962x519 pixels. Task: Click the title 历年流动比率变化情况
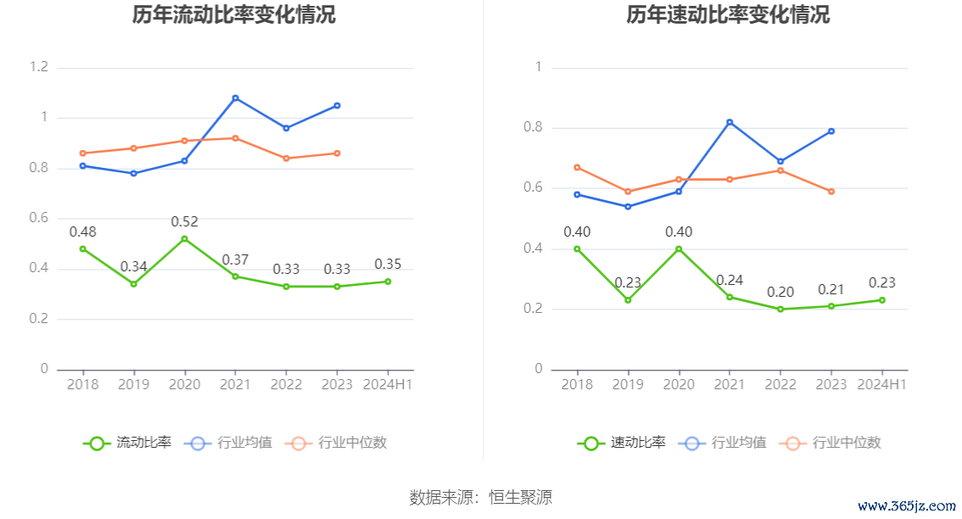click(x=234, y=15)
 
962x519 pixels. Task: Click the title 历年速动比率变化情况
click(x=728, y=15)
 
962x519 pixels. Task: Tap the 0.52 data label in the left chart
click(x=184, y=222)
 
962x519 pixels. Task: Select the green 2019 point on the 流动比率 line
click(x=133, y=284)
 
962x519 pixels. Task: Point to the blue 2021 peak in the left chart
click(x=235, y=98)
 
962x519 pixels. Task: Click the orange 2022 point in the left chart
click(x=286, y=159)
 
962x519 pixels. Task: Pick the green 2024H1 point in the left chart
click(x=388, y=282)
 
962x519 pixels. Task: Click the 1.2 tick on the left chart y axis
click(x=38, y=67)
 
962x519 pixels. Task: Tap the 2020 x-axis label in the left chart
click(x=184, y=384)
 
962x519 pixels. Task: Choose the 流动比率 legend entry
click(x=127, y=443)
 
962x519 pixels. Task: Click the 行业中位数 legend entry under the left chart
click(x=336, y=443)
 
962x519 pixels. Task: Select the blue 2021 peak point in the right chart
click(x=730, y=122)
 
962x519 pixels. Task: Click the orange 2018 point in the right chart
click(x=577, y=167)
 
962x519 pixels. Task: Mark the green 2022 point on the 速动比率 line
click(x=780, y=310)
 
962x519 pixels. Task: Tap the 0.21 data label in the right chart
click(x=831, y=289)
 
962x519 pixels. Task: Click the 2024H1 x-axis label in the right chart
click(x=881, y=384)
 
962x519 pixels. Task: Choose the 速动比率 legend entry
click(x=622, y=443)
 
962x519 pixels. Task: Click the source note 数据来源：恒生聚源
click(x=480, y=497)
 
